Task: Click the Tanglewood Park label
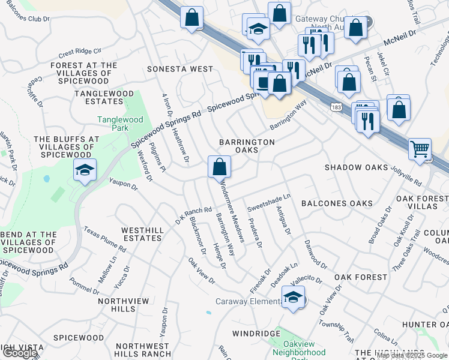(x=121, y=124)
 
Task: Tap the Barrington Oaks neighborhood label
(x=247, y=146)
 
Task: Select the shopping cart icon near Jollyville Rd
(x=420, y=149)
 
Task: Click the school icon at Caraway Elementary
(x=293, y=298)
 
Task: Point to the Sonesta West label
(x=180, y=70)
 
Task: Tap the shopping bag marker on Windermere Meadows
(x=220, y=167)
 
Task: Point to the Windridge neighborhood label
(x=257, y=334)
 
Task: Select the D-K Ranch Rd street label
(x=194, y=212)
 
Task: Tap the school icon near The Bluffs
(x=85, y=170)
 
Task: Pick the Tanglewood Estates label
(x=104, y=98)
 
